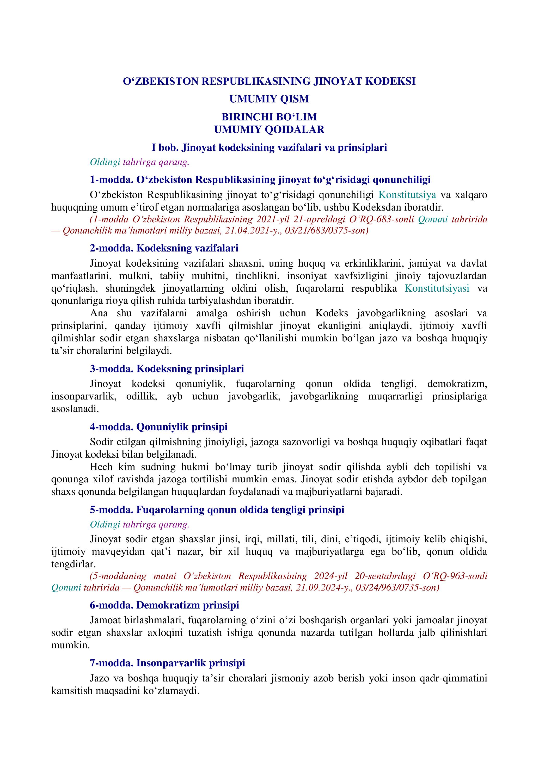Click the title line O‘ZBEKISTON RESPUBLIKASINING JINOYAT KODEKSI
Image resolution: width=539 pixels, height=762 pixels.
269,81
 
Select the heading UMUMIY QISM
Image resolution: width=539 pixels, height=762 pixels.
269,99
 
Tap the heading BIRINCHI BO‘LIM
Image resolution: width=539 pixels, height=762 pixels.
269,117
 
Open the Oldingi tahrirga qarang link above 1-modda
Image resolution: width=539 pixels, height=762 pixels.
139,162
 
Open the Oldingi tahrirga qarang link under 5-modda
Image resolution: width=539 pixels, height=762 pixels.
139,525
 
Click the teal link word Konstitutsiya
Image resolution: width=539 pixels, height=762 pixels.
407,195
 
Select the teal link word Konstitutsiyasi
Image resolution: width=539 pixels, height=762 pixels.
437,288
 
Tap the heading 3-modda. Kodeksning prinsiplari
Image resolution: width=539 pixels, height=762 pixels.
167,368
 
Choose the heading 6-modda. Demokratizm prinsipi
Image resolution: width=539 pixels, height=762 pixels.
164,605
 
